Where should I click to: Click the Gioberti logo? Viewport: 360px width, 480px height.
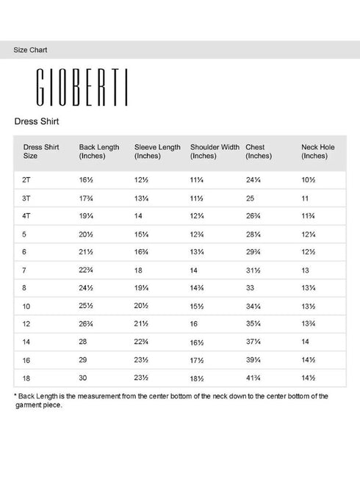click(83, 88)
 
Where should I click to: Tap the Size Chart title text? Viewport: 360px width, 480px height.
click(31, 50)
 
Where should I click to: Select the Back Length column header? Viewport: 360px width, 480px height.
click(99, 151)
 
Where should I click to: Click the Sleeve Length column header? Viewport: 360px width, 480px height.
click(157, 151)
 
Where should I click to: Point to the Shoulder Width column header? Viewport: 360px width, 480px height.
click(215, 151)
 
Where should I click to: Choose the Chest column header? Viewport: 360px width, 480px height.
click(259, 151)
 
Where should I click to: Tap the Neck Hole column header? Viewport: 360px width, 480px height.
click(317, 151)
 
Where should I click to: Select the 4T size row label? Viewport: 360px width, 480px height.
click(27, 216)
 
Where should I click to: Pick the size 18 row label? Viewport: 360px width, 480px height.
click(26, 377)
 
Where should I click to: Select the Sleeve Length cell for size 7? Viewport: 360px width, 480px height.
click(138, 270)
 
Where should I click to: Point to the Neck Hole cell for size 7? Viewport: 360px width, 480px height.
click(306, 270)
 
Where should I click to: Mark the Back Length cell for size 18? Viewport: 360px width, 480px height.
click(84, 377)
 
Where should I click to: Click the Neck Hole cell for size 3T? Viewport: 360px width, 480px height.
click(305, 198)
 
